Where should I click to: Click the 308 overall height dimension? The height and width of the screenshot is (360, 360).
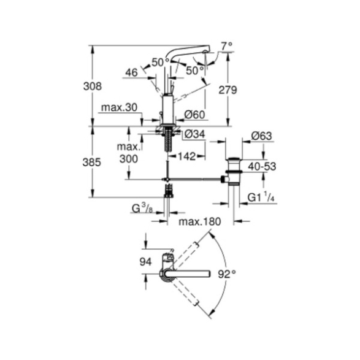(92, 86)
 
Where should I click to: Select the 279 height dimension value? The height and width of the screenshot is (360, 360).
(228, 90)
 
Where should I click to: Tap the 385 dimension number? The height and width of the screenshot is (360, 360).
(92, 163)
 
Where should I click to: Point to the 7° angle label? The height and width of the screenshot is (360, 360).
(227, 46)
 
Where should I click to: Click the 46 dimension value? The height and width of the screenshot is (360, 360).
(132, 72)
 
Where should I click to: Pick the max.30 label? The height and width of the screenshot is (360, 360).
(120, 107)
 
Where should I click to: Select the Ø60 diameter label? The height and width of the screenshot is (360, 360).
(194, 115)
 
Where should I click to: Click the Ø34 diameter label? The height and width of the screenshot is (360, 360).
(194, 134)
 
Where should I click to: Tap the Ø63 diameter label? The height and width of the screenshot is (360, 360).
(261, 136)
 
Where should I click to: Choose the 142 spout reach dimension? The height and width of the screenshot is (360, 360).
(187, 156)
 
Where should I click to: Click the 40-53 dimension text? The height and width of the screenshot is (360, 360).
(262, 166)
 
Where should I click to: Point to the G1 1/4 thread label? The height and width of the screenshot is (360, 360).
(261, 197)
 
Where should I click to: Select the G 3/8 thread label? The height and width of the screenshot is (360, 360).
(142, 209)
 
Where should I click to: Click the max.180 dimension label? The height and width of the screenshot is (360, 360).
(200, 222)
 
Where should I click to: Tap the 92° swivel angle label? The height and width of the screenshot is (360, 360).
(227, 274)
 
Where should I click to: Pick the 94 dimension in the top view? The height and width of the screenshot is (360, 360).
(146, 262)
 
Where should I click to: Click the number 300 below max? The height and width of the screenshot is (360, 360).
(129, 159)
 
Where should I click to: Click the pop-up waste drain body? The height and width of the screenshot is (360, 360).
(234, 172)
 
